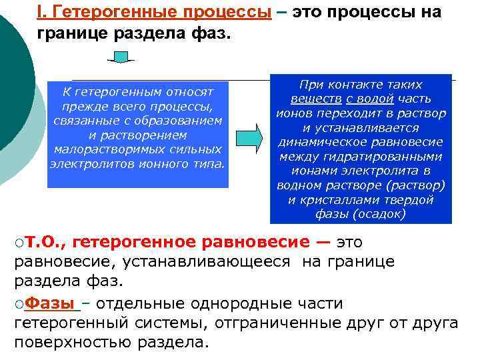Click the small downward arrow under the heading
[122, 57]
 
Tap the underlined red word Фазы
[50, 304]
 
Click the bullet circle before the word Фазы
[19, 305]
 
